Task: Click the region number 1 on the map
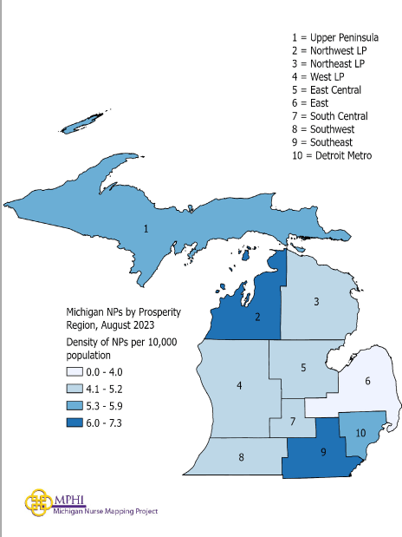[146, 229]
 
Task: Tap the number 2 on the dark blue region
[257, 318]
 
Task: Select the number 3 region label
[316, 301]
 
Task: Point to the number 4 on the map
[238, 385]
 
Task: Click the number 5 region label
[303, 368]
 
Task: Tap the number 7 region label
[293, 422]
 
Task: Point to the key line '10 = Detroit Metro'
[332, 155]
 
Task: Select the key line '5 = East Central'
[327, 90]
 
